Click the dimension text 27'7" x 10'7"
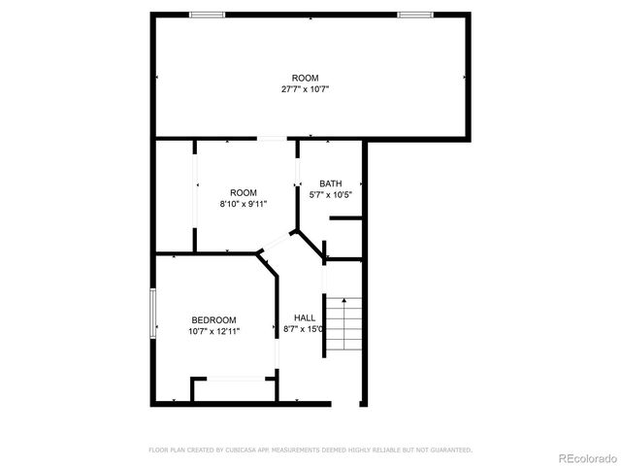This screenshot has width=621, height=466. tap(305, 89)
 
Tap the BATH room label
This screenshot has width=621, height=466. tap(331, 183)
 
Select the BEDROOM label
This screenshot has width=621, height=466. tap(213, 320)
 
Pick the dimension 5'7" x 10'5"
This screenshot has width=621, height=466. tap(331, 194)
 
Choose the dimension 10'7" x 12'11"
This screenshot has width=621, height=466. tap(213, 331)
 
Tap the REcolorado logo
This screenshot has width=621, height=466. tap(585, 457)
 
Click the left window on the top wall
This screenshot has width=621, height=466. tap(207, 15)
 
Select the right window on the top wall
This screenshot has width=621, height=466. tap(414, 15)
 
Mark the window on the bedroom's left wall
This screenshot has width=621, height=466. tap(152, 316)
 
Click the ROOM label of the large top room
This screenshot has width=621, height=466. tap(305, 79)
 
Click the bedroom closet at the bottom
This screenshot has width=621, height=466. tap(232, 389)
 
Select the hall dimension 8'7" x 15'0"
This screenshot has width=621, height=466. tap(304, 330)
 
